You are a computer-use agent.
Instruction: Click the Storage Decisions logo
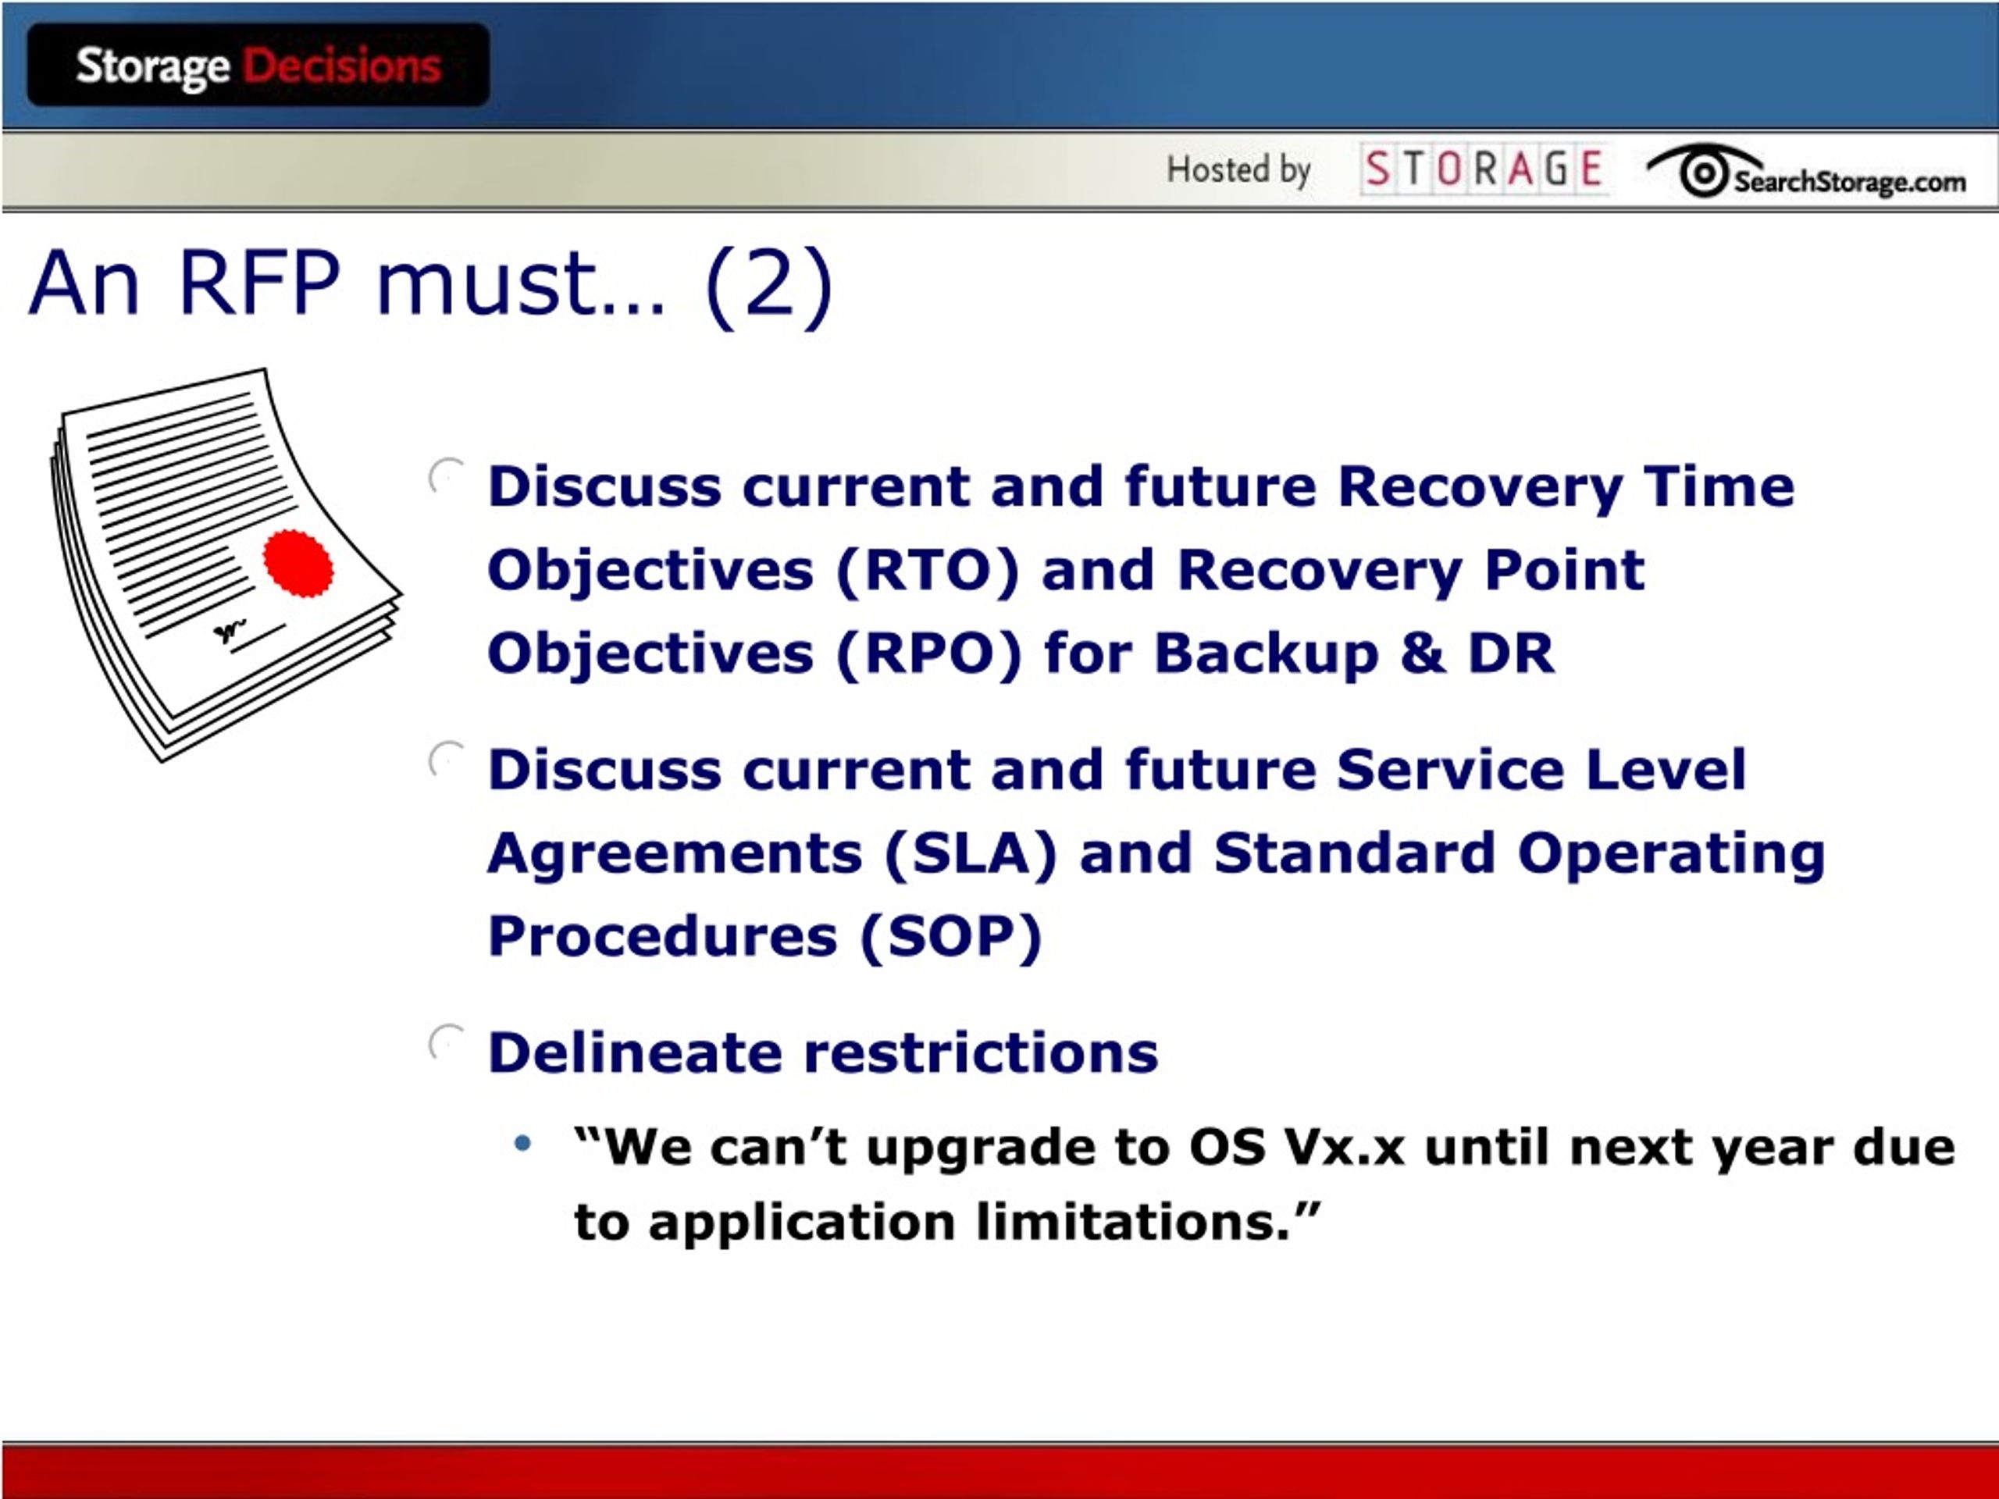click(258, 65)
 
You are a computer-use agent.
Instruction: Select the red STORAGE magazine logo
click(1483, 169)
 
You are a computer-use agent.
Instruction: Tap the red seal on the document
click(298, 563)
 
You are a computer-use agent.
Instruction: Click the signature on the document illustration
click(230, 631)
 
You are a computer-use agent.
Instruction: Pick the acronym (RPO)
click(928, 653)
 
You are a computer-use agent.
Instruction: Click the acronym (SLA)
click(971, 854)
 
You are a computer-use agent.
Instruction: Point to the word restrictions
click(981, 1052)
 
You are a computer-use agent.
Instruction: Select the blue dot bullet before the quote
click(522, 1144)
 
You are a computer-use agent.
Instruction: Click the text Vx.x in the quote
click(1345, 1148)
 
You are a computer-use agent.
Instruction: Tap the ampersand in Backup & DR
click(1423, 653)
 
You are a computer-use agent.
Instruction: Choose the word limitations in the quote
click(1133, 1223)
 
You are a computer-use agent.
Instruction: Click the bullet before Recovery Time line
click(447, 476)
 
